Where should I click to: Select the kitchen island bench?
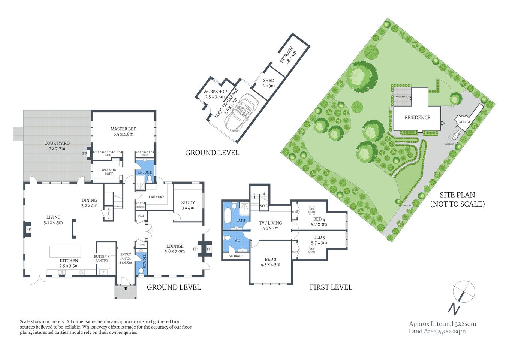(65, 251)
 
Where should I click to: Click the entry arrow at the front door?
(125, 289)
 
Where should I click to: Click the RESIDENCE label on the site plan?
(417, 117)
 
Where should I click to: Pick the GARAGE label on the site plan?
(464, 122)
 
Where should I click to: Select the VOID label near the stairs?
(264, 206)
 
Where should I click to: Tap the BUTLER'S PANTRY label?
(102, 258)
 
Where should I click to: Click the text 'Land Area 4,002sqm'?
(437, 331)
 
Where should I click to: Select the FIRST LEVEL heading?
(331, 287)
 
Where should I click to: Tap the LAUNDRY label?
(156, 197)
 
